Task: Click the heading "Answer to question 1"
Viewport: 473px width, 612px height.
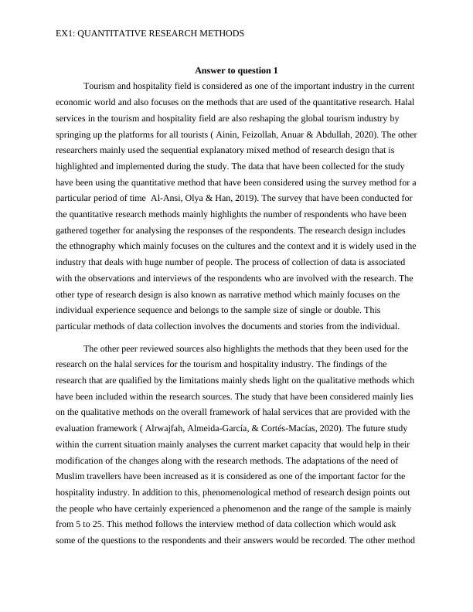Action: coord(236,70)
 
